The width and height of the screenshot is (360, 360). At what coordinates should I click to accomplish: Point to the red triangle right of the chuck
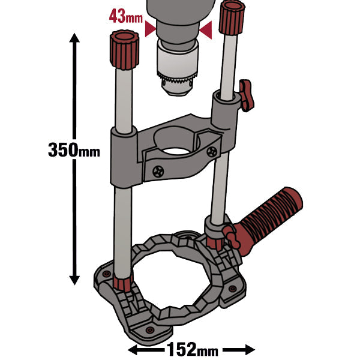(207, 30)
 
